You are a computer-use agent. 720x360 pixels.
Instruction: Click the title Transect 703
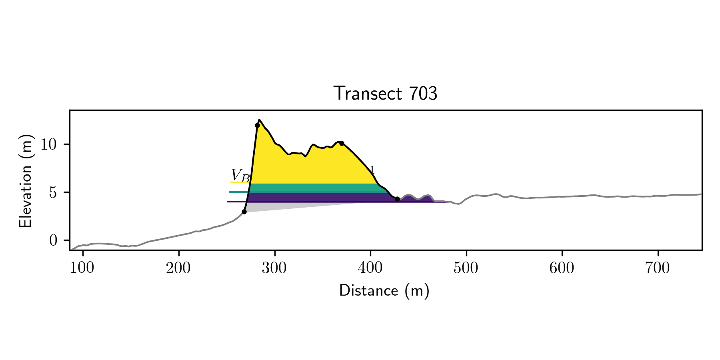(x=385, y=94)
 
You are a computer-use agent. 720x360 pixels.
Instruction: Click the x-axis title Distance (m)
(x=384, y=290)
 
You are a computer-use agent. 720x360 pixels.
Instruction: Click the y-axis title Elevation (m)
(x=26, y=181)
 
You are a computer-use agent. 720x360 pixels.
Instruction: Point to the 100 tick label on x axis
(x=82, y=268)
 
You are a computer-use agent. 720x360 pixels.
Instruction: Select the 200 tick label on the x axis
(x=178, y=268)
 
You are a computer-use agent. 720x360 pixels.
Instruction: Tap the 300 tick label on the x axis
(x=274, y=268)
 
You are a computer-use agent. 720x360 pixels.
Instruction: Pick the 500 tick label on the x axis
(x=466, y=268)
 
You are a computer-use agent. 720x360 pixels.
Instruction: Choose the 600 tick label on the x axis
(x=562, y=268)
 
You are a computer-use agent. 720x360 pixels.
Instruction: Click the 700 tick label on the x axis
(x=658, y=268)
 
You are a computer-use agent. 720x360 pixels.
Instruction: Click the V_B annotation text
(x=240, y=175)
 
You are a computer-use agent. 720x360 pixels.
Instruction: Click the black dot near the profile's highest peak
(x=257, y=125)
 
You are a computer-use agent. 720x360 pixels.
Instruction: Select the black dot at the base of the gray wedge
(x=244, y=212)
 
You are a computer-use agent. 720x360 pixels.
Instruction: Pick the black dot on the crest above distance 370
(x=342, y=143)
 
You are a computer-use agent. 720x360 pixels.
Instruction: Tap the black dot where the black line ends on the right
(x=397, y=199)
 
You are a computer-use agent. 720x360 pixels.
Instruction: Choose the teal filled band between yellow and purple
(x=312, y=188)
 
